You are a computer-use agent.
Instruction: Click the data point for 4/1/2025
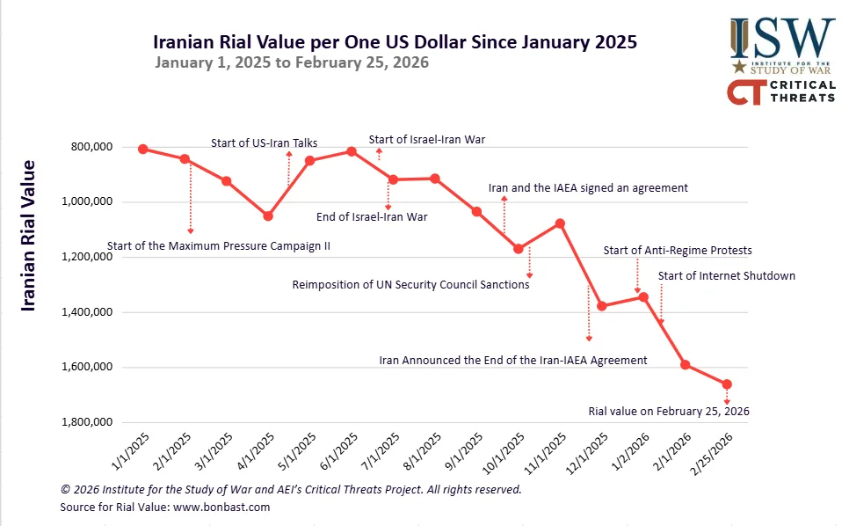tap(268, 216)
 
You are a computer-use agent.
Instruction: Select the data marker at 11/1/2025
tap(560, 223)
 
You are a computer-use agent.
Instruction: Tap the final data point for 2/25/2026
tap(727, 384)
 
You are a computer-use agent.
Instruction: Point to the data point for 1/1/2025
tap(142, 149)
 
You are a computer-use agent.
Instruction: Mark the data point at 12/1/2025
tap(602, 306)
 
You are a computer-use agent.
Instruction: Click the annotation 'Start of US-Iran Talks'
tap(264, 142)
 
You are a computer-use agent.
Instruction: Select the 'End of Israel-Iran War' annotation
tap(372, 216)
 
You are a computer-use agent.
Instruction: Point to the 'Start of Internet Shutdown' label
tap(726, 276)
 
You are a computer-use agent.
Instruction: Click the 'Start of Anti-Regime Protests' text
tap(678, 251)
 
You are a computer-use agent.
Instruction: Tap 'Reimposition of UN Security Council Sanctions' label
tap(410, 285)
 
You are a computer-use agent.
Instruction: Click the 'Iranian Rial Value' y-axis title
tap(29, 235)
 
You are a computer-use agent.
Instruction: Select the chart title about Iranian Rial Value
tap(395, 41)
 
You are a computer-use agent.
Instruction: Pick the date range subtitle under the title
tap(292, 62)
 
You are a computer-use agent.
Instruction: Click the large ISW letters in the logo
tap(783, 37)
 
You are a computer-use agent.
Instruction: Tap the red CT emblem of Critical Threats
tap(744, 92)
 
